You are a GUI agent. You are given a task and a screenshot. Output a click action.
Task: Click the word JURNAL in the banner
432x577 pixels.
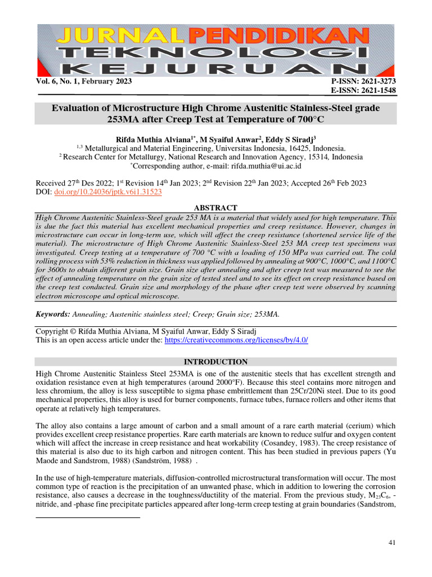[112, 36]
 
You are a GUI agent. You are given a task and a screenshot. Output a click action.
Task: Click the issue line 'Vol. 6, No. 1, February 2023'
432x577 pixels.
[84, 82]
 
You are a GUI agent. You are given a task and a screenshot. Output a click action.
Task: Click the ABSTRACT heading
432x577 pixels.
[215, 208]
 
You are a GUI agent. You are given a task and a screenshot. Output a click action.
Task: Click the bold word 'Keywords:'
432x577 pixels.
[53, 313]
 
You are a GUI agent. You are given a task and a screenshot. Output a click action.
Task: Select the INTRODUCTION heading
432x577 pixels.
[215, 362]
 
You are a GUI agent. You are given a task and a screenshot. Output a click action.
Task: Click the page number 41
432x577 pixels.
[393, 542]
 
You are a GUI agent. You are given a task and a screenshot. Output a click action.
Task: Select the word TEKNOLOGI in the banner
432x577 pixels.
[216, 54]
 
